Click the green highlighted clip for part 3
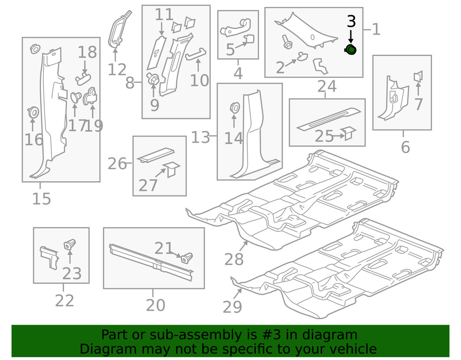[351, 50]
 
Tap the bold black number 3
[351, 21]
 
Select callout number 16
[34, 139]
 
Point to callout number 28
[234, 260]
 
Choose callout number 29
[232, 306]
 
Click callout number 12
[117, 70]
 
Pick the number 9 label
[154, 105]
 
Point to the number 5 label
[230, 49]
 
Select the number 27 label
[148, 185]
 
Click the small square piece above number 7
[419, 77]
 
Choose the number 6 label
[405, 147]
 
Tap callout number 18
[87, 52]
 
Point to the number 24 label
[326, 86]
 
